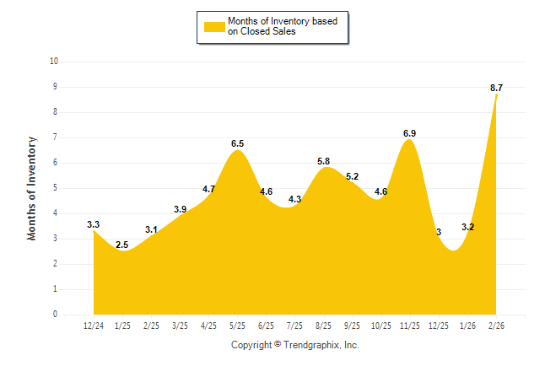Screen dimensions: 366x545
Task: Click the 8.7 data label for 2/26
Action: tap(496, 88)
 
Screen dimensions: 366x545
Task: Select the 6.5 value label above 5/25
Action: tap(238, 144)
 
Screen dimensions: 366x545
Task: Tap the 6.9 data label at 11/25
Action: tap(410, 133)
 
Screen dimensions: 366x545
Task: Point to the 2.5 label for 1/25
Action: tap(122, 245)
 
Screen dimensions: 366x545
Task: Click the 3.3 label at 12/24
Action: tap(94, 224)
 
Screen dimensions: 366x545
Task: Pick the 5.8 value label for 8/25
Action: tap(324, 161)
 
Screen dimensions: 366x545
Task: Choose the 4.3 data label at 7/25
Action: tap(295, 200)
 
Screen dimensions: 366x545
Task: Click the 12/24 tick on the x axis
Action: tap(94, 325)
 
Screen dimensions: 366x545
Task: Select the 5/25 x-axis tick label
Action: tap(237, 325)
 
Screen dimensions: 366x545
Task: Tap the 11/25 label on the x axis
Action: tap(410, 325)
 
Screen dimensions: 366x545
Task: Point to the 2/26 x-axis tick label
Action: tap(496, 325)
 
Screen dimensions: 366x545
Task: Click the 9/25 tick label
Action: tap(353, 325)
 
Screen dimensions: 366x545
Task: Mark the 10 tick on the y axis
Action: tap(54, 62)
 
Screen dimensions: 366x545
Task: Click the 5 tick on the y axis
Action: tap(55, 188)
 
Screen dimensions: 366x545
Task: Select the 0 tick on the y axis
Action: tap(55, 315)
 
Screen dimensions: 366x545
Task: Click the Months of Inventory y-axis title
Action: tap(32, 188)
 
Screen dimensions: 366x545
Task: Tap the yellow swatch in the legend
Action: tap(213, 27)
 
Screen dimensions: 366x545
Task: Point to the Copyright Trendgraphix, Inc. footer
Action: tap(295, 345)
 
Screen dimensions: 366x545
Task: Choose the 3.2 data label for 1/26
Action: tap(467, 227)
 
